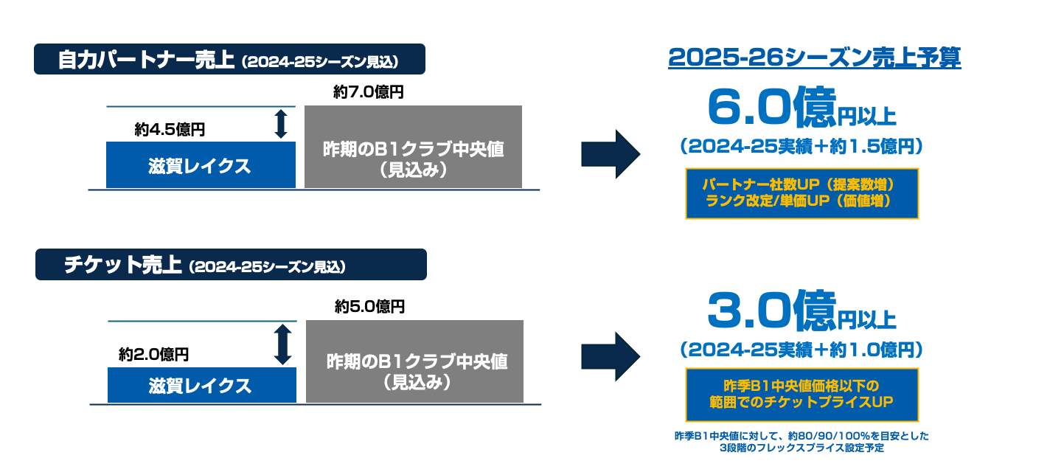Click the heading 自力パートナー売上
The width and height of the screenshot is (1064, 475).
tap(146, 60)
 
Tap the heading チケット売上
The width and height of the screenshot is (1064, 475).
tap(123, 265)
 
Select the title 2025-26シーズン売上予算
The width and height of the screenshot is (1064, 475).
tap(815, 58)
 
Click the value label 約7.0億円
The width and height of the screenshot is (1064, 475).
tap(368, 91)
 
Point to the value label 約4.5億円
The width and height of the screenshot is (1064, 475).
tap(170, 129)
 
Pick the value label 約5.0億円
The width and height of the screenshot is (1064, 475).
tap(369, 306)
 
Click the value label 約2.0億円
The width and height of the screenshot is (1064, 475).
tap(153, 354)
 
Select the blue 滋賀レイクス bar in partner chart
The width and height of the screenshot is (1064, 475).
tap(201, 164)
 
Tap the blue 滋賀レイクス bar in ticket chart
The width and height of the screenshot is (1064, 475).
tap(202, 385)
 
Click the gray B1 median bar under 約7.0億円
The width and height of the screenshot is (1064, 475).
tap(413, 147)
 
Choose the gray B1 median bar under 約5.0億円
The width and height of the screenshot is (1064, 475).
tap(414, 361)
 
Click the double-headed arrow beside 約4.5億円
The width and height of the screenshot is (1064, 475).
tap(281, 124)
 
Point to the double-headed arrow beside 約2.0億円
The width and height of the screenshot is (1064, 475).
tap(282, 344)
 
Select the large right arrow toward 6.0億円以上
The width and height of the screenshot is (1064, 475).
tap(611, 154)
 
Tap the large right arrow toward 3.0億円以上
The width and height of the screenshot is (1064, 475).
tap(611, 357)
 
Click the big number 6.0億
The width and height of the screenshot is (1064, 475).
tap(771, 108)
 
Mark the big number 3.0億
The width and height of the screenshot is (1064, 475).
tap(771, 311)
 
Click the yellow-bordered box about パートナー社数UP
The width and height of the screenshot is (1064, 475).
tap(802, 193)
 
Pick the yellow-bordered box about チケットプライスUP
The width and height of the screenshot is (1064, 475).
tap(802, 395)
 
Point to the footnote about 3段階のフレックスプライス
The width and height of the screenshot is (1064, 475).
tap(802, 442)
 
